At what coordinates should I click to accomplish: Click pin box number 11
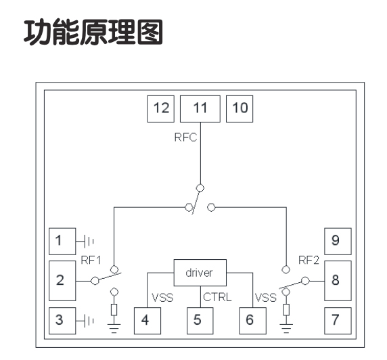[x=200, y=109]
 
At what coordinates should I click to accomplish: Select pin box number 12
[x=160, y=109]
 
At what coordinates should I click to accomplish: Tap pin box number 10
[x=240, y=109]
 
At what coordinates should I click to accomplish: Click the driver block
[x=200, y=273]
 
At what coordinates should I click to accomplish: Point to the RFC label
[x=185, y=137]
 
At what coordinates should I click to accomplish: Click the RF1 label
[x=91, y=261]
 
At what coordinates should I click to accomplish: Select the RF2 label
[x=309, y=261]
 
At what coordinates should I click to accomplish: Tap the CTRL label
[x=217, y=297]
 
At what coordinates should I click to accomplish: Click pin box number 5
[x=200, y=321]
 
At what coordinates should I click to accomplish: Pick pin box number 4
[x=147, y=321]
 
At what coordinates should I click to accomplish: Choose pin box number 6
[x=253, y=321]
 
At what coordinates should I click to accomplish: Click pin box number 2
[x=62, y=281]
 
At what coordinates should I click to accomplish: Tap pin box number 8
[x=338, y=281]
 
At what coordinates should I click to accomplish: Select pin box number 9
[x=338, y=241]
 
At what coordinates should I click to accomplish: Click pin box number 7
[x=338, y=321]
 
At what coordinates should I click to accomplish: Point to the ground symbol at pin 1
[x=85, y=241]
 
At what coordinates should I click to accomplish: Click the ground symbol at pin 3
[x=85, y=321]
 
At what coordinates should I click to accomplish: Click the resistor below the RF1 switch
[x=114, y=310]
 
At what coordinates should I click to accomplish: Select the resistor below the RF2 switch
[x=286, y=310]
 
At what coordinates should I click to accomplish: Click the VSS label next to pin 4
[x=162, y=298]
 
